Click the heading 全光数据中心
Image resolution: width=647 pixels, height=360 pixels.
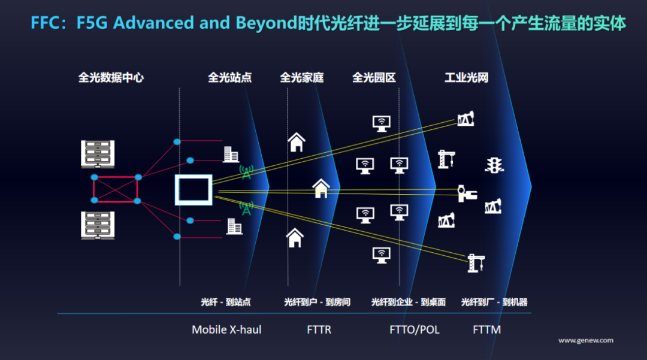[111, 77]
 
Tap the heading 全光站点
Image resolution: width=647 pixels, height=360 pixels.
[230, 77]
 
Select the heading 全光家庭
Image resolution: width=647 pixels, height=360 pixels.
[301, 77]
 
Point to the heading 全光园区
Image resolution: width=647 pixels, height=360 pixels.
[374, 77]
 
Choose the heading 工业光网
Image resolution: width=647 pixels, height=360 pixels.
[466, 77]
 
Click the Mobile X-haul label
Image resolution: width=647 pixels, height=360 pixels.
[226, 330]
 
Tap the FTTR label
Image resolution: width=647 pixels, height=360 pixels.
[319, 330]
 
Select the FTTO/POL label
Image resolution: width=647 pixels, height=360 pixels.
[415, 330]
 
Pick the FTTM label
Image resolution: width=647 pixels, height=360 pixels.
[487, 330]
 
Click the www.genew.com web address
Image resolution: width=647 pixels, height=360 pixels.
[585, 341]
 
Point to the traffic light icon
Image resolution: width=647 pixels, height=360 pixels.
[494, 165]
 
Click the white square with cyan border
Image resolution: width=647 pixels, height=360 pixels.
[194, 190]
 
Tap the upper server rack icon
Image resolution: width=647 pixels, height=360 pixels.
[98, 154]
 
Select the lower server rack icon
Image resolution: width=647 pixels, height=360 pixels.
[98, 226]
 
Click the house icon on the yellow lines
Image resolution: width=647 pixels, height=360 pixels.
[321, 189]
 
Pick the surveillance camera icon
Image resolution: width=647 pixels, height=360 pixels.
[467, 193]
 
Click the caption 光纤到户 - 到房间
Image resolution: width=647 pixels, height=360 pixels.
[317, 302]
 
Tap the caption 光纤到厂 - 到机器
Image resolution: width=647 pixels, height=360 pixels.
[494, 302]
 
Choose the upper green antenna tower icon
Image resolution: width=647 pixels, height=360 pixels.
[246, 172]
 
